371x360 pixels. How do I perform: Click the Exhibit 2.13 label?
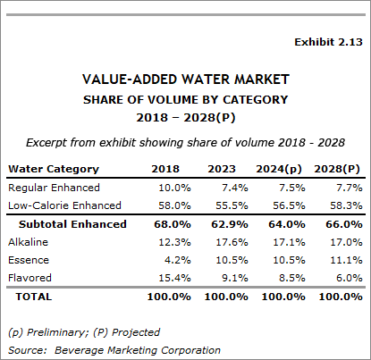[x=328, y=42]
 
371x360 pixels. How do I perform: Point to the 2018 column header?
[x=165, y=169]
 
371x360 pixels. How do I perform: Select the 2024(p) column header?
[x=279, y=169]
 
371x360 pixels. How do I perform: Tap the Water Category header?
[x=54, y=169]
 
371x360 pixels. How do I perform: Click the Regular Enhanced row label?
[x=54, y=188]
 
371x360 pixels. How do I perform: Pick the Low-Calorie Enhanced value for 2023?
[x=232, y=205]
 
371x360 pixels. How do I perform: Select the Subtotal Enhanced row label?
[x=72, y=224]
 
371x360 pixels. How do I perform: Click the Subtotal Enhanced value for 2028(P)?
[x=344, y=224]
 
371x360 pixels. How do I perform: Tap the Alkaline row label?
[x=28, y=242]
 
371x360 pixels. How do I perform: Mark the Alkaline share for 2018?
[x=174, y=242]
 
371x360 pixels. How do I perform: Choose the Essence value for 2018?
[x=178, y=260]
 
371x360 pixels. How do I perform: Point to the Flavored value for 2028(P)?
[x=350, y=278]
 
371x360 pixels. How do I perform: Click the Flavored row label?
[x=30, y=278]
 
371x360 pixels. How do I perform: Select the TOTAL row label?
[x=34, y=297]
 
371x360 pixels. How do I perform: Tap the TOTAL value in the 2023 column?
[x=226, y=297]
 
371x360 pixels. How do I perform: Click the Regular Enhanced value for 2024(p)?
[x=292, y=188]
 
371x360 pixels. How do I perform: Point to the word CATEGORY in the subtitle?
[x=256, y=99]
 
